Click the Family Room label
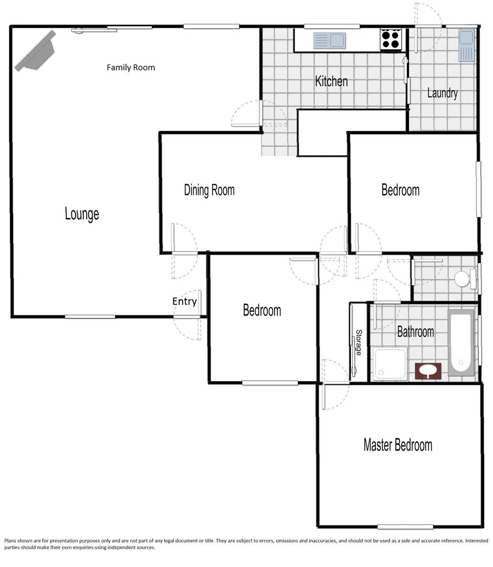(x=131, y=68)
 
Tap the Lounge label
(x=82, y=214)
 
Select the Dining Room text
(x=209, y=190)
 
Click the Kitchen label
(x=331, y=81)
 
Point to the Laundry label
(x=442, y=93)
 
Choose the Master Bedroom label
(x=398, y=445)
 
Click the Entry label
(x=184, y=301)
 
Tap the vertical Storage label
(x=359, y=343)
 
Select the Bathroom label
(x=415, y=332)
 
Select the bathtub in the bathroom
(x=461, y=342)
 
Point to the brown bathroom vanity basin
(x=428, y=371)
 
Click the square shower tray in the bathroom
(x=390, y=364)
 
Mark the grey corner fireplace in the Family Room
(x=36, y=51)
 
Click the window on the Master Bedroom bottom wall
(x=405, y=527)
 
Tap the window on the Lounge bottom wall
(x=90, y=317)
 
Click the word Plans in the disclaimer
(x=12, y=541)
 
